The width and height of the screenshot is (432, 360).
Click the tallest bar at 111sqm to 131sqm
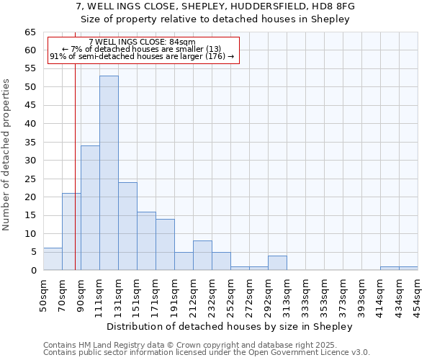point(109,173)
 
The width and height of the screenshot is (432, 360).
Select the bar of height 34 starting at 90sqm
point(90,208)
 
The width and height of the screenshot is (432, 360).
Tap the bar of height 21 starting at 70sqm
point(71,232)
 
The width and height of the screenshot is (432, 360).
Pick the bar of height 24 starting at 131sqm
point(127,226)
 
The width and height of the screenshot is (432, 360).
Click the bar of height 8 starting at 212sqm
point(202,256)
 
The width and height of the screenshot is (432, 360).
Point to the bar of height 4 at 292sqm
point(277,263)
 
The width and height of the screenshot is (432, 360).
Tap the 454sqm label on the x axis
point(417,294)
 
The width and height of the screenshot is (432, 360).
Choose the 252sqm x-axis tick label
point(230,294)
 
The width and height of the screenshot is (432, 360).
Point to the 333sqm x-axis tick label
point(305,294)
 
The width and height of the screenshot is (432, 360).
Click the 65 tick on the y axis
point(30,32)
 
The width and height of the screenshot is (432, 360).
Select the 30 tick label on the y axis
point(30,161)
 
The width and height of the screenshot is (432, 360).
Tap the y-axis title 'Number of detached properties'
point(6,155)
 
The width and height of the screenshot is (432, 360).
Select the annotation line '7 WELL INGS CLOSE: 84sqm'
point(142,42)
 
